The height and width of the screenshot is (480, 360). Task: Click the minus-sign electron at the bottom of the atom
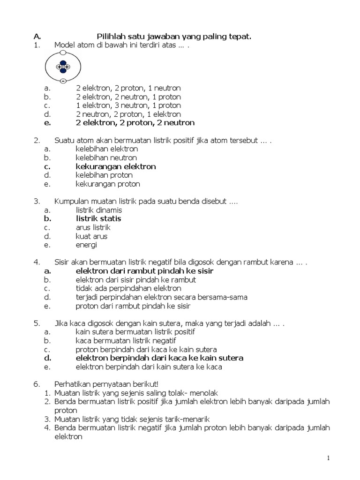point(63,81)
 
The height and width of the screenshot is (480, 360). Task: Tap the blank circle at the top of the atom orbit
point(63,53)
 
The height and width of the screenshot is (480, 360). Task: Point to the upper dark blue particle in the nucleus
point(63,61)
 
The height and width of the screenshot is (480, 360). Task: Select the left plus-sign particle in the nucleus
point(60,67)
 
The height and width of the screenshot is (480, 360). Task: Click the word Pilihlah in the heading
point(111,36)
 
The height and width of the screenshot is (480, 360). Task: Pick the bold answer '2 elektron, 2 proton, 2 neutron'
point(135,123)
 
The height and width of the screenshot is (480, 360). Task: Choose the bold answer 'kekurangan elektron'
point(116,166)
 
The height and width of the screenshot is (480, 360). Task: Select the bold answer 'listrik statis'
point(98,218)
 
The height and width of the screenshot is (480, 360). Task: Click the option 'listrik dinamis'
point(99,210)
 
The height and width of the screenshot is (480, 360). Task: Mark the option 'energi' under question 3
point(86,245)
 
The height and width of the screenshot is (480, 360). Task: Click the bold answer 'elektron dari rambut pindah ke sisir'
point(144,271)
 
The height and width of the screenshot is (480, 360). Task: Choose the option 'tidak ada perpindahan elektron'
point(128,288)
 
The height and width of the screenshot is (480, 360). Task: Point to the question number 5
point(36,323)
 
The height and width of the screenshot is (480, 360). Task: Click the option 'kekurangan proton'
point(108,184)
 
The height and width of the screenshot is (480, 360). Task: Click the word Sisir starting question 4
point(62,262)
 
